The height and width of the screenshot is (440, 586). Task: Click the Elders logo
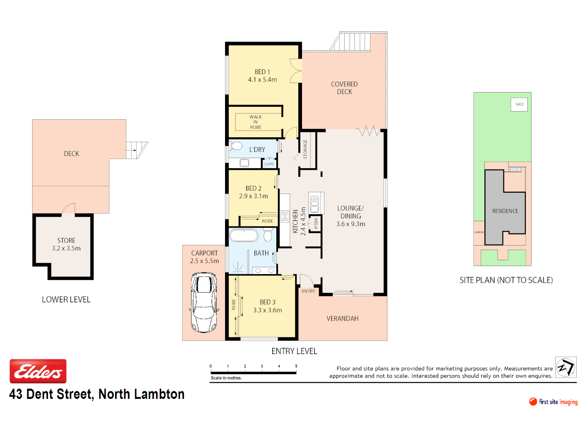38,371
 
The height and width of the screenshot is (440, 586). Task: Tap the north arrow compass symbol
566,367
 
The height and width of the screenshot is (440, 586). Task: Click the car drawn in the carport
204,302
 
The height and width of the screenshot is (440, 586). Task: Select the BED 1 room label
262,72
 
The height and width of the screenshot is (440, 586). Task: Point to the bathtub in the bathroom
244,235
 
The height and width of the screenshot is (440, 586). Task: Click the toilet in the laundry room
236,145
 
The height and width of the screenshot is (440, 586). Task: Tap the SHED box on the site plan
519,104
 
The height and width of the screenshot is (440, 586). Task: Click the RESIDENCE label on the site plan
505,211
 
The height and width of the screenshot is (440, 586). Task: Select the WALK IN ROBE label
256,122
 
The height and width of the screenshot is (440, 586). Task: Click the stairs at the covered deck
351,42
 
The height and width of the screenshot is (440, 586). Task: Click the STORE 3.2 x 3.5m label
66,244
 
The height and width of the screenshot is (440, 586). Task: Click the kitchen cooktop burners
285,216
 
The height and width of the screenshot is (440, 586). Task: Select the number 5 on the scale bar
296,366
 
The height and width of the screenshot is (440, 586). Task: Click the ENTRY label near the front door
308,291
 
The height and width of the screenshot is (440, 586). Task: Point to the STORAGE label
305,150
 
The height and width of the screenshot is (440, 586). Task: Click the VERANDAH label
342,319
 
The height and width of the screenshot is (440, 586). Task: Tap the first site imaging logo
553,402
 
